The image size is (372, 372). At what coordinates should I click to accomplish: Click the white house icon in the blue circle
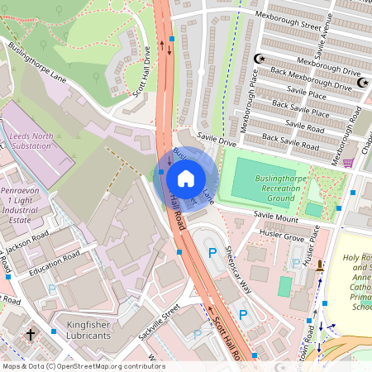point(186,179)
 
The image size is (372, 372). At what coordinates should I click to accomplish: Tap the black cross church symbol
point(31,336)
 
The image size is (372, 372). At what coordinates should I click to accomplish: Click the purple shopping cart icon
point(348,162)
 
